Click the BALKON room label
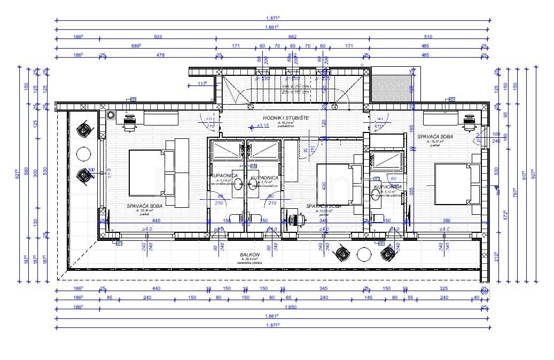point(250,255)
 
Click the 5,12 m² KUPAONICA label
point(387,187)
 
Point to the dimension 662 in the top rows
point(292,37)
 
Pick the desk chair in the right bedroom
point(469,123)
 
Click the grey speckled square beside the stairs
point(391,87)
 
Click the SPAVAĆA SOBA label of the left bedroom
point(142,206)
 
